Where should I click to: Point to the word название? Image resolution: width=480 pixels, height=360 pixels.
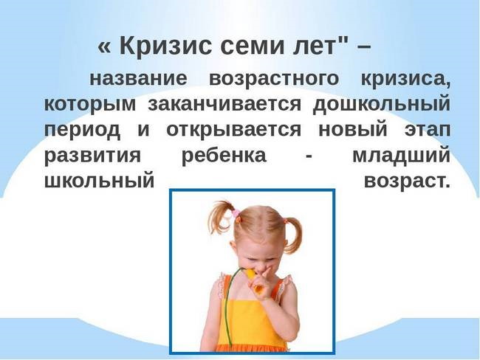point(138,77)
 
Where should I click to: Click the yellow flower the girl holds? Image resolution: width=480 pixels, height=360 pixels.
point(252,274)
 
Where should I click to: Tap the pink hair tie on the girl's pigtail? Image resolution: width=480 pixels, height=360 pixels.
point(236,214)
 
